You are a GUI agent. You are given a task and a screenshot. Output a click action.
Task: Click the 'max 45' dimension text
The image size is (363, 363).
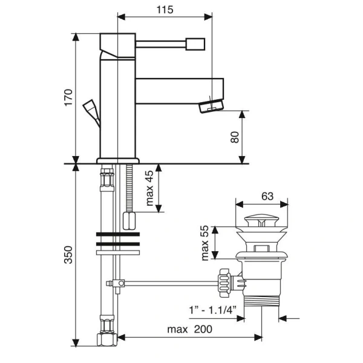pos(150,188)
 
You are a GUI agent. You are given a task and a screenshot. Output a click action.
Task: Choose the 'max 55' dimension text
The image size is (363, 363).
pos(205,243)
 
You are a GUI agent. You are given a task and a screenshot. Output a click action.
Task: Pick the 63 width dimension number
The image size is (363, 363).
pos(267,197)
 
